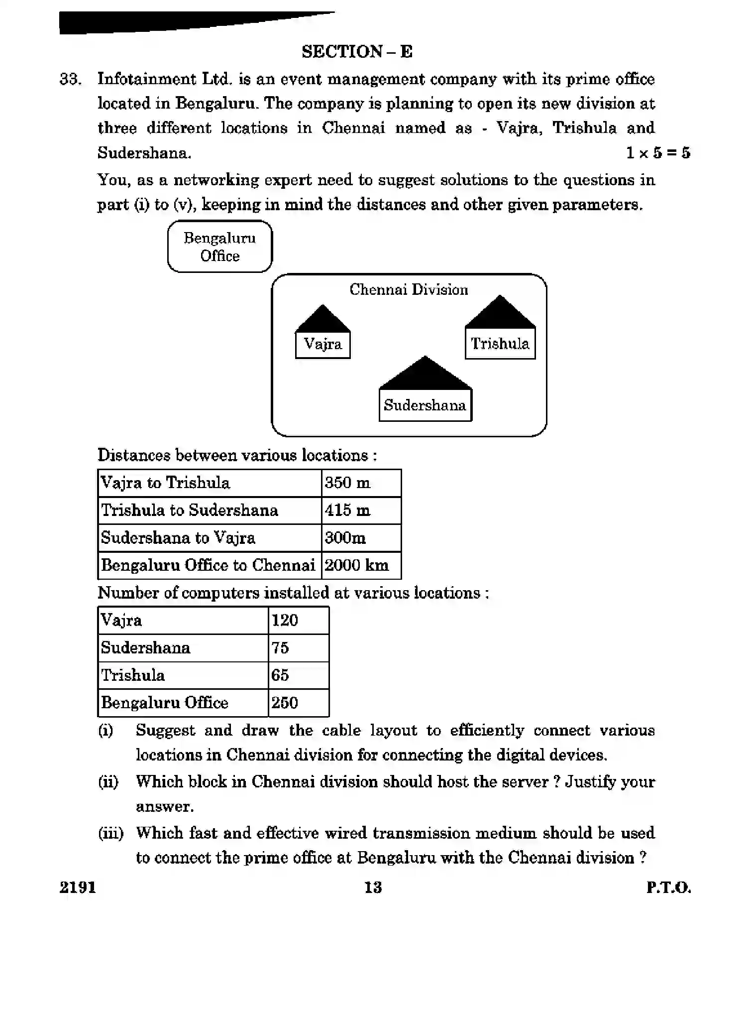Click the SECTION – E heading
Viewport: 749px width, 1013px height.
point(357,52)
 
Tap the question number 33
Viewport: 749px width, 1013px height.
point(70,79)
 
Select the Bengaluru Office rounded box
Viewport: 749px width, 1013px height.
point(219,247)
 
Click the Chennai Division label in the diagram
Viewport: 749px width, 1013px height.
point(408,290)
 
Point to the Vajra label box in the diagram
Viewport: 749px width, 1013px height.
point(322,345)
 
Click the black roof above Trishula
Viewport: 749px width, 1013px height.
point(500,313)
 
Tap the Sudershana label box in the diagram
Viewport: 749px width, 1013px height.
point(425,405)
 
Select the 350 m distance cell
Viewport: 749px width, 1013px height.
point(361,483)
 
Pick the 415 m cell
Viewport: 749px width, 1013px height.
point(361,510)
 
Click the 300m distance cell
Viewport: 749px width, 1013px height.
point(361,538)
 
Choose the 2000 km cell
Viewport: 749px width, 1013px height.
point(361,565)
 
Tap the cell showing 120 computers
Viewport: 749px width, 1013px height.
point(298,621)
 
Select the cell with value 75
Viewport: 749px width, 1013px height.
point(298,648)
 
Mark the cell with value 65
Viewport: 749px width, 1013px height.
point(298,675)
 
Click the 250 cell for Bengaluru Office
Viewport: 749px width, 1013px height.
point(298,703)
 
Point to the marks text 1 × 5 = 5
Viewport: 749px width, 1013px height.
point(658,153)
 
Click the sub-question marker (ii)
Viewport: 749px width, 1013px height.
point(108,782)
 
